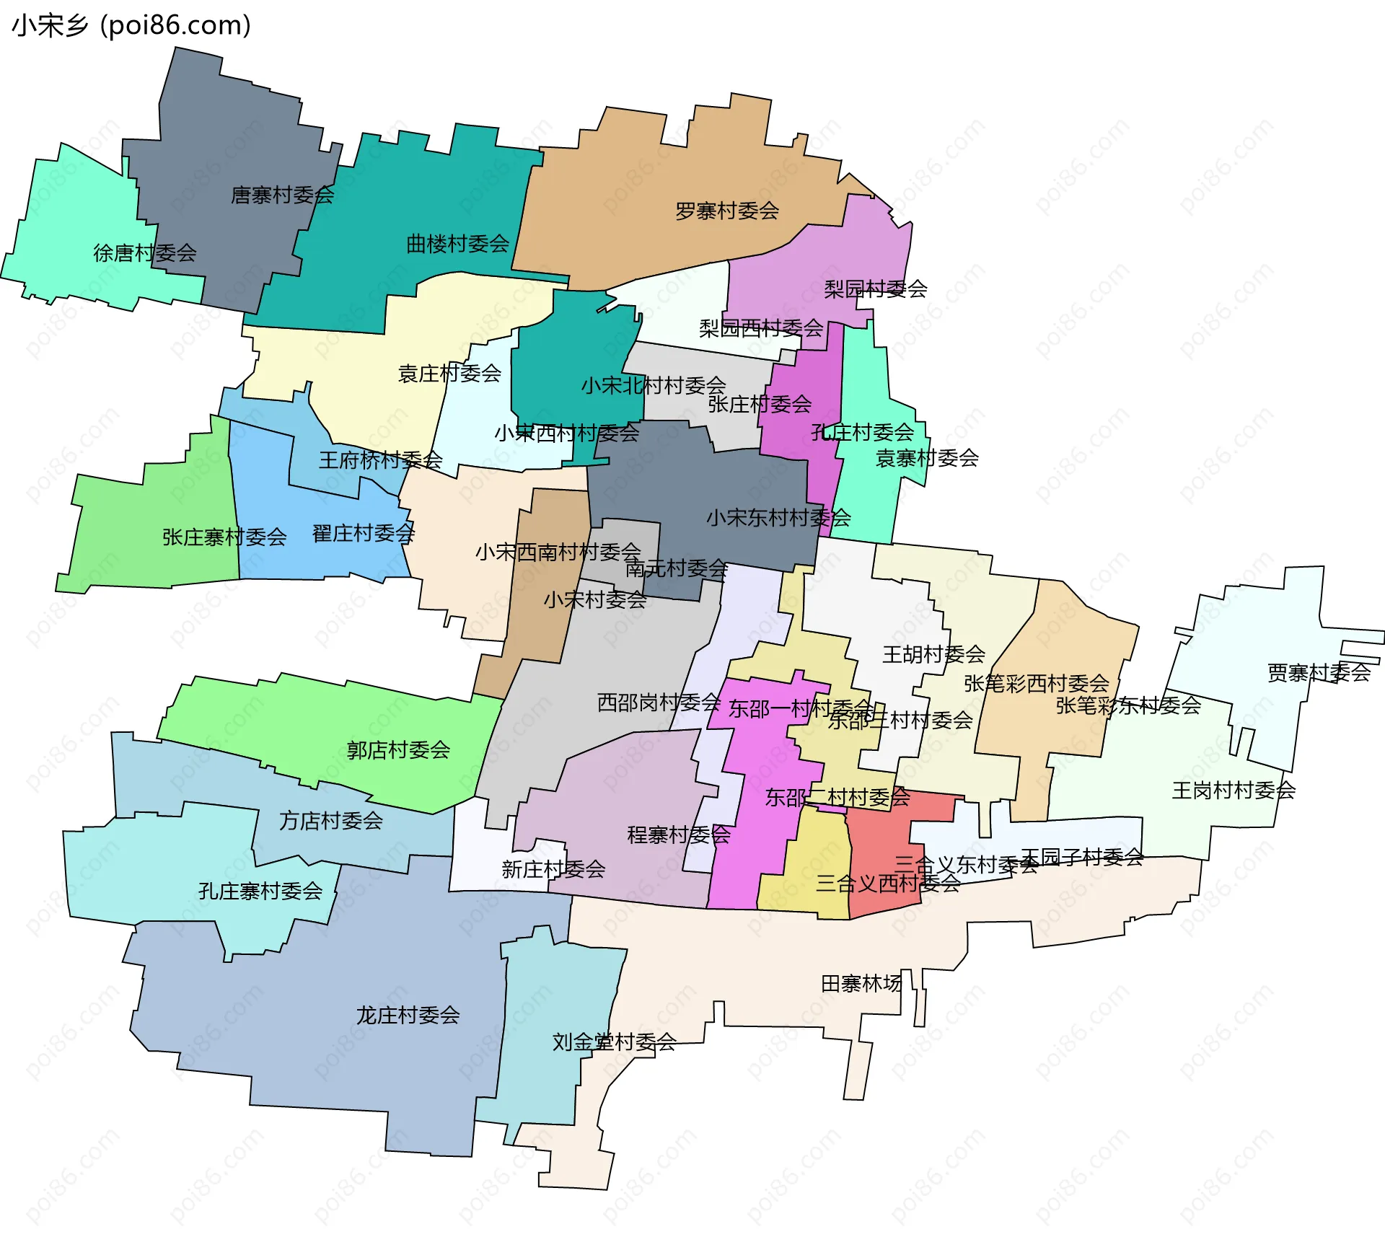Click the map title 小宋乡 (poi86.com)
point(131,26)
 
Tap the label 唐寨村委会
point(282,195)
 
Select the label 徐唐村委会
point(145,253)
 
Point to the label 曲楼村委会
point(457,244)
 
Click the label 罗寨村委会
point(726,211)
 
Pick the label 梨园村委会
point(875,289)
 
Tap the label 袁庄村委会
point(449,374)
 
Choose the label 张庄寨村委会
point(224,537)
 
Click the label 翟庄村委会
point(363,534)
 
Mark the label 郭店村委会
point(398,750)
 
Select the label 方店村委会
point(330,821)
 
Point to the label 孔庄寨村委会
point(260,891)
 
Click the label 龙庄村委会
point(408,1016)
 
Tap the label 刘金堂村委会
point(614,1042)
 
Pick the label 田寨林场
point(861,984)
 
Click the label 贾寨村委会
point(1319,673)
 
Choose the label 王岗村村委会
point(1234,791)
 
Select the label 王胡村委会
point(933,655)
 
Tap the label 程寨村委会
point(679,835)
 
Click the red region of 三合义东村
point(880,837)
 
